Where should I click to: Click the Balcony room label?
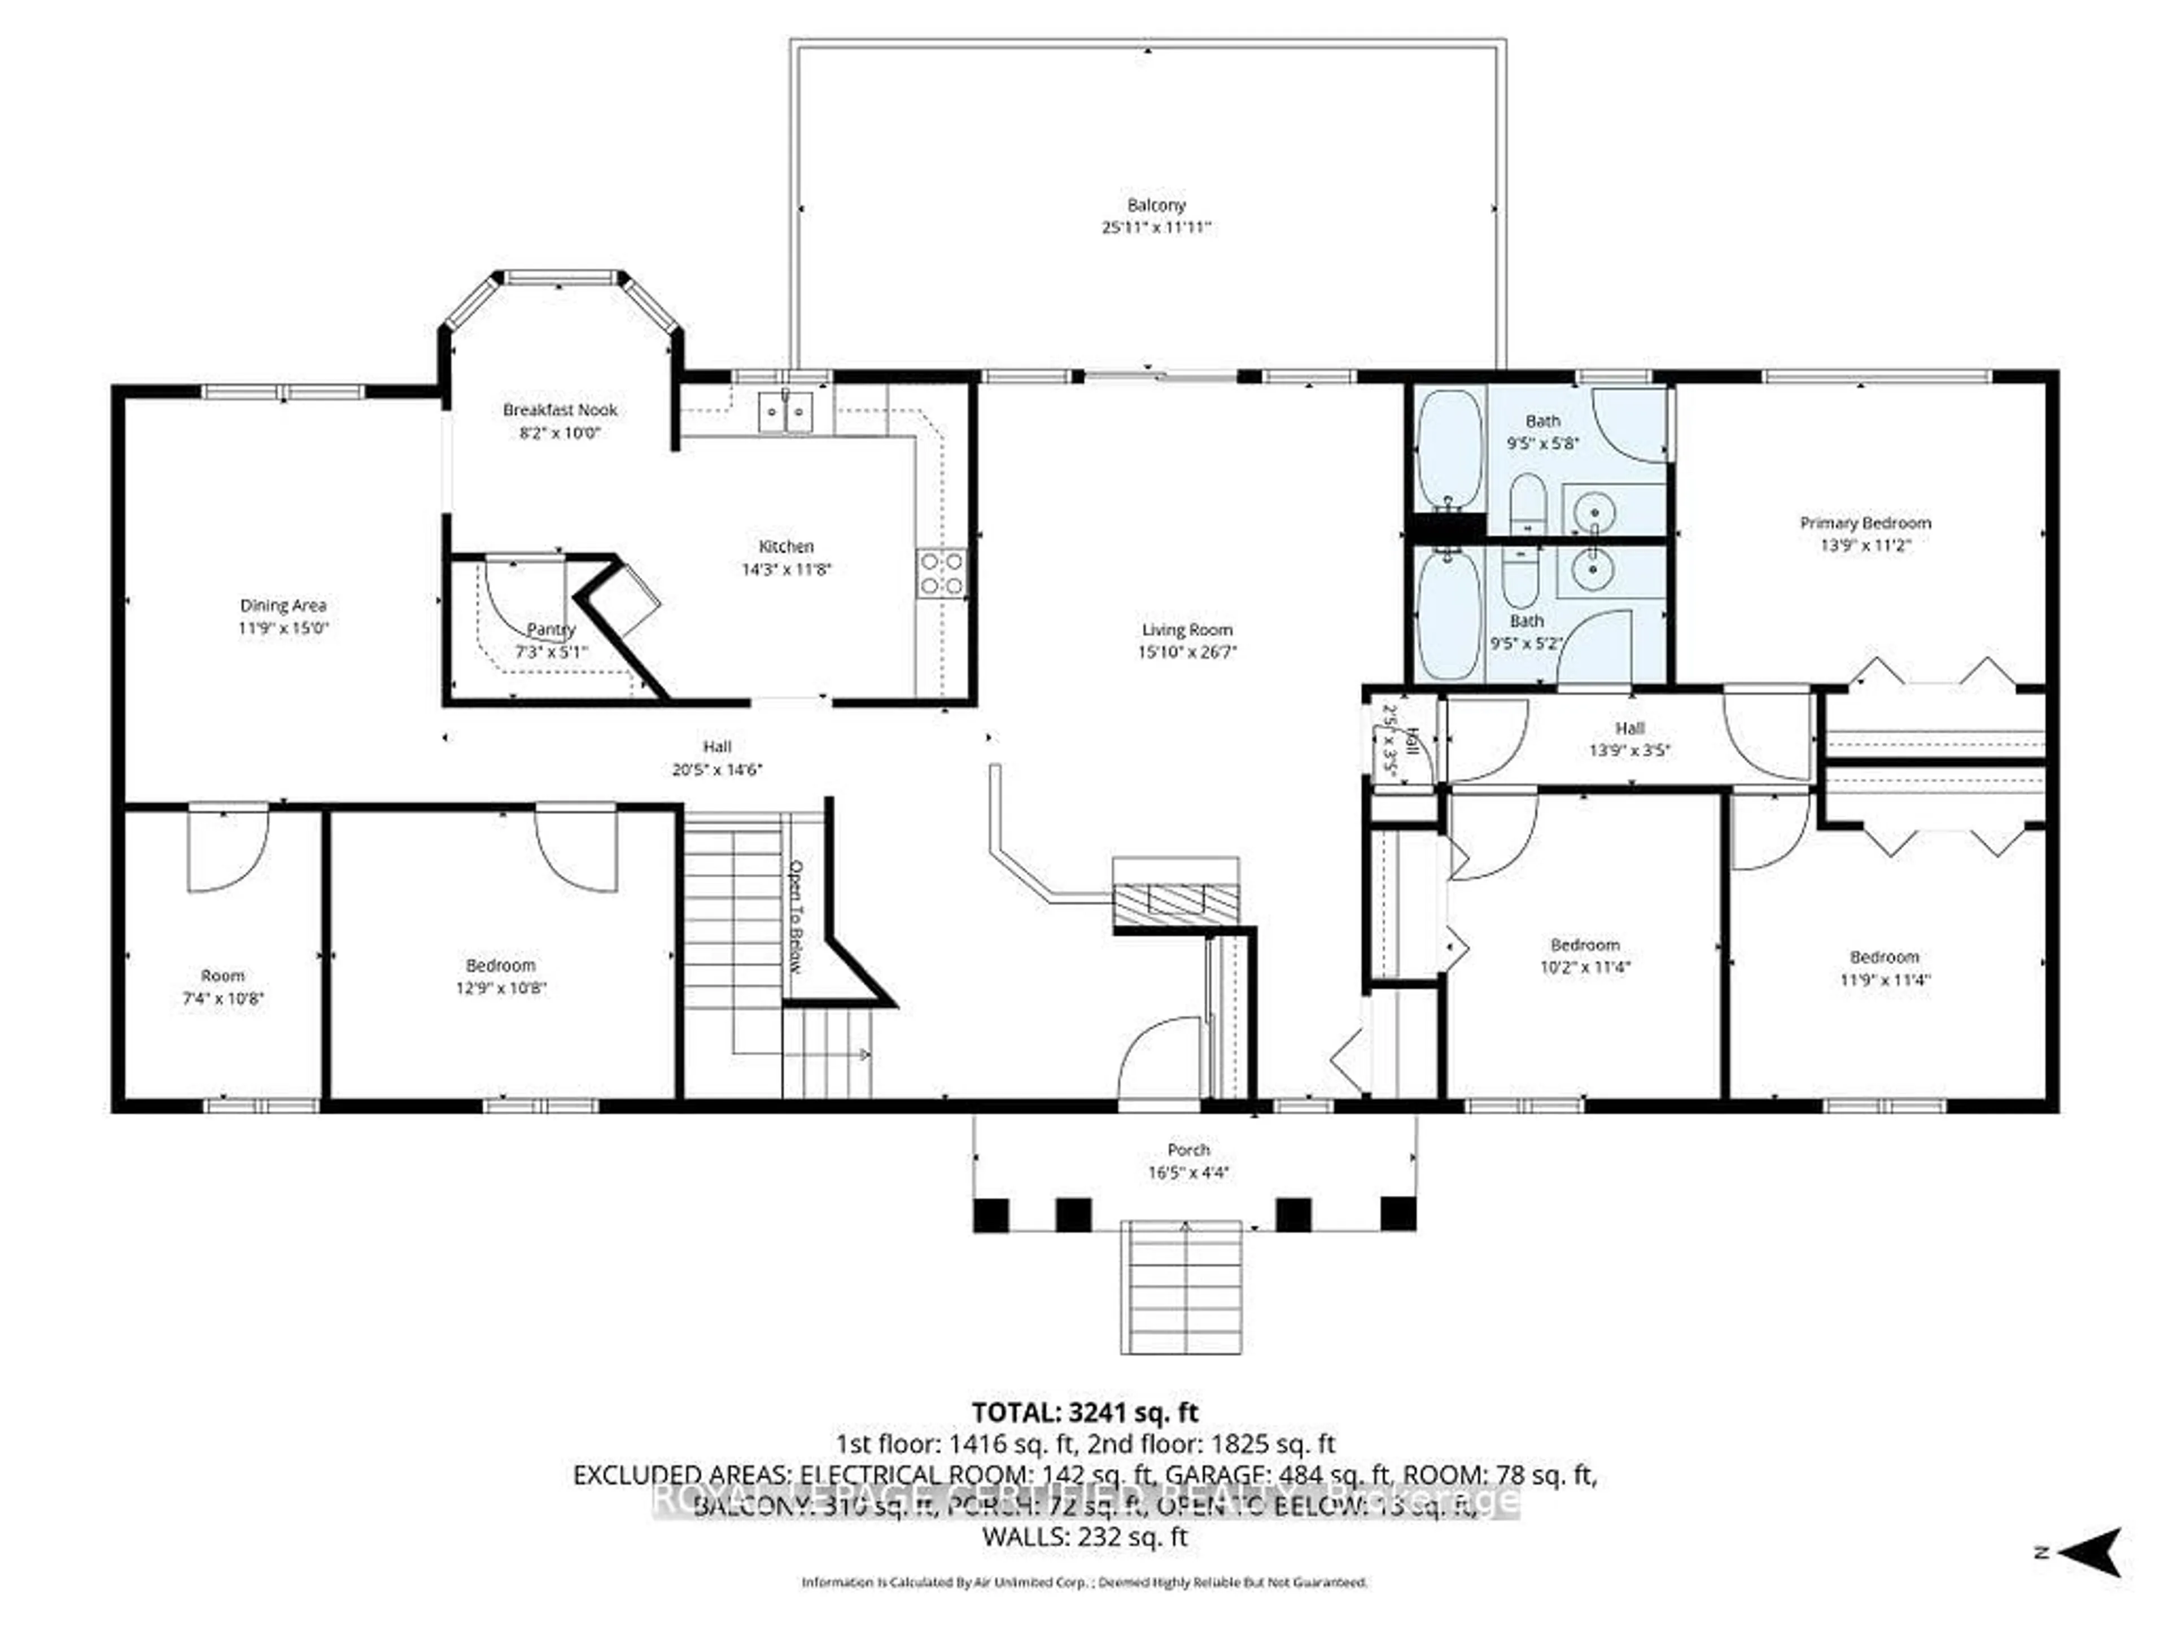(x=1156, y=205)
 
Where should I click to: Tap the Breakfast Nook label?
(x=560, y=410)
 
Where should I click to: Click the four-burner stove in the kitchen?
(x=941, y=574)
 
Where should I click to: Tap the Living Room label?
(x=1186, y=630)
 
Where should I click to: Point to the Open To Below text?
(x=796, y=916)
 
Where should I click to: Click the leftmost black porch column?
(x=990, y=1214)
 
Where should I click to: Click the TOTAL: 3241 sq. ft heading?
(x=1084, y=1413)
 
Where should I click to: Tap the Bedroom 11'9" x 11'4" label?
(x=1884, y=956)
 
